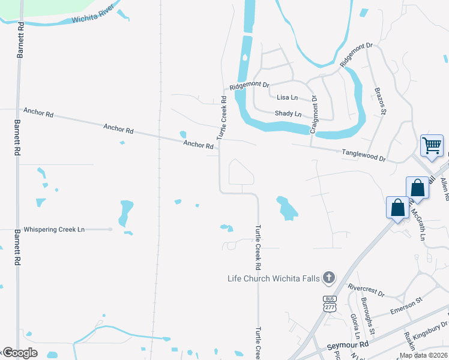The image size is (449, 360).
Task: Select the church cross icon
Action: [328, 277]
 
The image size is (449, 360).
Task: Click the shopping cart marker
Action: [432, 145]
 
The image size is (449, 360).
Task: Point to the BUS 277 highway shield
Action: [330, 303]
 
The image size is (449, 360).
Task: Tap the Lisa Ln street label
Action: [287, 97]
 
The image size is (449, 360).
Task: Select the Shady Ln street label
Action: [288, 113]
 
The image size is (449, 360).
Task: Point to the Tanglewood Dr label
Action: [363, 155]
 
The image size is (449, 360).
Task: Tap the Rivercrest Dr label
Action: [366, 291]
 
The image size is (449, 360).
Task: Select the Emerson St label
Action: [406, 306]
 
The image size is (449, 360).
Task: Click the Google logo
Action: [20, 353]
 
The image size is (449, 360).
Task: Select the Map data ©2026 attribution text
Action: [423, 355]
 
